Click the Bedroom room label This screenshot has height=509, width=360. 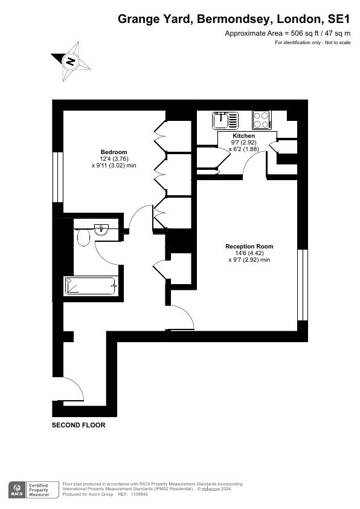114,152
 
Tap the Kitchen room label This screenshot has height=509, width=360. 243,136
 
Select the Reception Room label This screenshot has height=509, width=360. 249,246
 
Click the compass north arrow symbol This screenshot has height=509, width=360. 71,60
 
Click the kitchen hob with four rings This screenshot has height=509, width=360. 262,119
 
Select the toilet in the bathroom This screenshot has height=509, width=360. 83,240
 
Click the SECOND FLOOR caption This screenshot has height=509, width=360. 79,425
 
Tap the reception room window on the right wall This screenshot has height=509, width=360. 303,285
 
